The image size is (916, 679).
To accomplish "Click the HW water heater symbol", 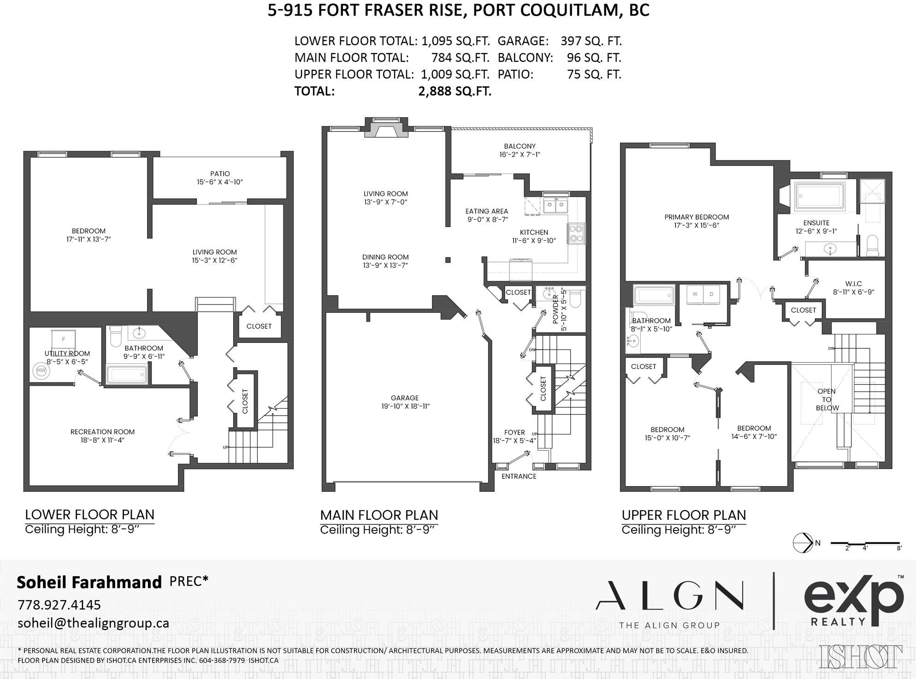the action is tap(41, 370).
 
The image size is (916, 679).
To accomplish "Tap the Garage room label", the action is tap(404, 398).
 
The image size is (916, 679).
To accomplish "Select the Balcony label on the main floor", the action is tap(520, 146).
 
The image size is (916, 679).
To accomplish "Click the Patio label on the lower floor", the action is tap(220, 174).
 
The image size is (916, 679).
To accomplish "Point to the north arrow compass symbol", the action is tap(803, 542).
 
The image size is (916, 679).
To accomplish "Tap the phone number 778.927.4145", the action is tap(59, 604).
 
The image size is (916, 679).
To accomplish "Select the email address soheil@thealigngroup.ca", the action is tap(93, 623).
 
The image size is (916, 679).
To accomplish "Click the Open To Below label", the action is tap(827, 399).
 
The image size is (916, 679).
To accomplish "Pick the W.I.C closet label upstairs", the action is tap(853, 284).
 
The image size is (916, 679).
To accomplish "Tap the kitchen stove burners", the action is tap(576, 233).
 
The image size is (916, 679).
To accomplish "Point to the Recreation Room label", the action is tap(102, 432).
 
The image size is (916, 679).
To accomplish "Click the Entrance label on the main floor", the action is tap(519, 476).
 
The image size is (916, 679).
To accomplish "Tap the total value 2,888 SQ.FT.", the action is tap(455, 91).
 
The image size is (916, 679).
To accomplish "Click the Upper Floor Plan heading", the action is tap(684, 515).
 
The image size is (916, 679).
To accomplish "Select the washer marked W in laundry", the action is tap(695, 294).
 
